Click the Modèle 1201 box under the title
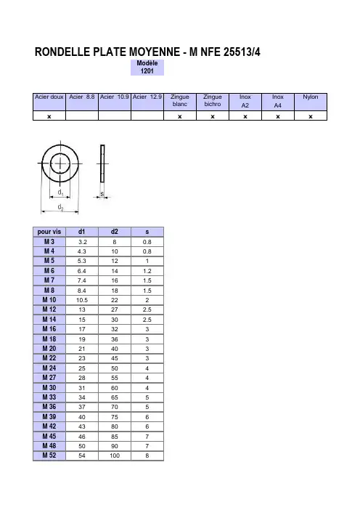click(x=147, y=68)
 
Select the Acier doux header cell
click(x=49, y=102)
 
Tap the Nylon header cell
click(x=311, y=102)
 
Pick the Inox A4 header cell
click(x=278, y=102)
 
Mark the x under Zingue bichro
click(x=213, y=116)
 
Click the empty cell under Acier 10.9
click(x=115, y=116)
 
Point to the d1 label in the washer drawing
click(x=60, y=193)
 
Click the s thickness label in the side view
click(x=102, y=194)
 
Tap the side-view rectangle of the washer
click(x=102, y=163)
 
